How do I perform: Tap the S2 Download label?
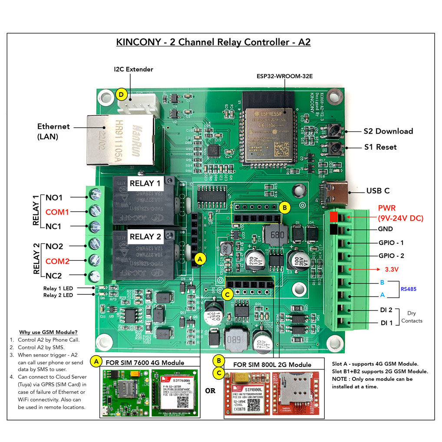[388, 131]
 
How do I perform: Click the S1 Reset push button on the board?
[335, 147]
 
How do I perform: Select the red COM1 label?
[57, 212]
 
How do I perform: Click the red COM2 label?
[57, 261]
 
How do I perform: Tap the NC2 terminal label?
[54, 276]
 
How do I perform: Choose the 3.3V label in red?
[392, 269]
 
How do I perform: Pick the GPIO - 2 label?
[391, 256]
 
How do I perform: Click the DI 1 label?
[387, 323]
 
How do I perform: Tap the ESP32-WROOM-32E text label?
[284, 76]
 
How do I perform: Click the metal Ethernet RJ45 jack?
[121, 140]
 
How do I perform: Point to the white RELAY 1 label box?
[145, 183]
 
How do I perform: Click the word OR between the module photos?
[210, 391]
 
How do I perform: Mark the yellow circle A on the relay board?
[200, 259]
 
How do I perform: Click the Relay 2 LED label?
[58, 295]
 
